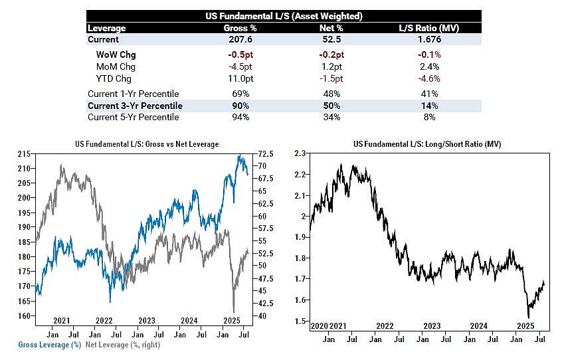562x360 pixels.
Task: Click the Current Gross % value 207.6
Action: tap(240, 39)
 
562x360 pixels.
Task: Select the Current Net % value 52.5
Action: tap(331, 39)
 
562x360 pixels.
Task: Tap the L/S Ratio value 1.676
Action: tap(429, 39)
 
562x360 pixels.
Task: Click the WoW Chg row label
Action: tap(116, 55)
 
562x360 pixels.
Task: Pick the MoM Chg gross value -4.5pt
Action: tap(240, 67)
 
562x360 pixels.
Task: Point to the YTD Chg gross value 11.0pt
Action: tap(240, 79)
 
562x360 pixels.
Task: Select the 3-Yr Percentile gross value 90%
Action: tap(240, 106)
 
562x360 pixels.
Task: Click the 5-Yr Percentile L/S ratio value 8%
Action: tap(429, 118)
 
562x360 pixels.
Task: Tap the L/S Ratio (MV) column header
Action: tap(429, 28)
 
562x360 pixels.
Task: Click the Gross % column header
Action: tap(240, 28)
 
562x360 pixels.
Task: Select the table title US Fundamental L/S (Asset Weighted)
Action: tap(284, 16)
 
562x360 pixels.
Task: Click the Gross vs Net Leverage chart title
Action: tap(147, 144)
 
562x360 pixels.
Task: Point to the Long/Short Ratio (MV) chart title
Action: tap(427, 144)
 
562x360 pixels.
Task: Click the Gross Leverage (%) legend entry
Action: tap(50, 345)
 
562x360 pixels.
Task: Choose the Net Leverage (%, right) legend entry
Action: tap(123, 345)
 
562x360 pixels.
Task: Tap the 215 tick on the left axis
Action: tap(24, 154)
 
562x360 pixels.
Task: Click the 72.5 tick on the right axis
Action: tap(266, 154)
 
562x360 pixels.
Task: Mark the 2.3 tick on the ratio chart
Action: tap(300, 153)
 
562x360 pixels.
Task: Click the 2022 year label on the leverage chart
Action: tap(104, 321)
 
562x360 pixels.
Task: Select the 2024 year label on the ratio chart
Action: tap(479, 326)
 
